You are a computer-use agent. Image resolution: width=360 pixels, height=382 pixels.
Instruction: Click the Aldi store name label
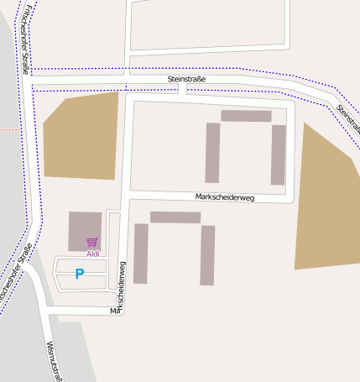(92, 254)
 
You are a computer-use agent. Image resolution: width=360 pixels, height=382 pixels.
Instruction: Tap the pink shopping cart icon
(91, 243)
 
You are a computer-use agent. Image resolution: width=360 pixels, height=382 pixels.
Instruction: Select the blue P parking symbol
(80, 274)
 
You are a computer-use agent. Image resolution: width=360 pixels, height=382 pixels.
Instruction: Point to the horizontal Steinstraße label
(186, 79)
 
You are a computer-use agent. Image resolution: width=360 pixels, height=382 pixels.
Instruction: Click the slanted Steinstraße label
(347, 118)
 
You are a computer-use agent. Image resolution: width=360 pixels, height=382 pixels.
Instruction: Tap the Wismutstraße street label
(55, 360)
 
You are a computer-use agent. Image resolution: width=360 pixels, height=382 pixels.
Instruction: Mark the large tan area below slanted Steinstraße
(325, 206)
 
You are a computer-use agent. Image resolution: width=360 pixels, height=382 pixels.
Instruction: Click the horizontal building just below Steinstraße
(246, 116)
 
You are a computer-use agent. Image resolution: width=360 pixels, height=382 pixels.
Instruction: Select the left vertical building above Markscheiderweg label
(212, 153)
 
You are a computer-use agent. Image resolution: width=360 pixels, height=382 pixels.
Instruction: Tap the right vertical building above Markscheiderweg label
(278, 154)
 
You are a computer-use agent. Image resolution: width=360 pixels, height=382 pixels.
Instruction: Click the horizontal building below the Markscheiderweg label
(175, 217)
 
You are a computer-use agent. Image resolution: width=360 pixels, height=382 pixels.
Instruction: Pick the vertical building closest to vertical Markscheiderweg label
(141, 254)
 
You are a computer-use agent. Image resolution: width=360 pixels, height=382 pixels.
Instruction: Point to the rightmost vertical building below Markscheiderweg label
(207, 255)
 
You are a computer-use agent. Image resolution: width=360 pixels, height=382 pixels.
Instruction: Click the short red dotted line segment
(8, 130)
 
